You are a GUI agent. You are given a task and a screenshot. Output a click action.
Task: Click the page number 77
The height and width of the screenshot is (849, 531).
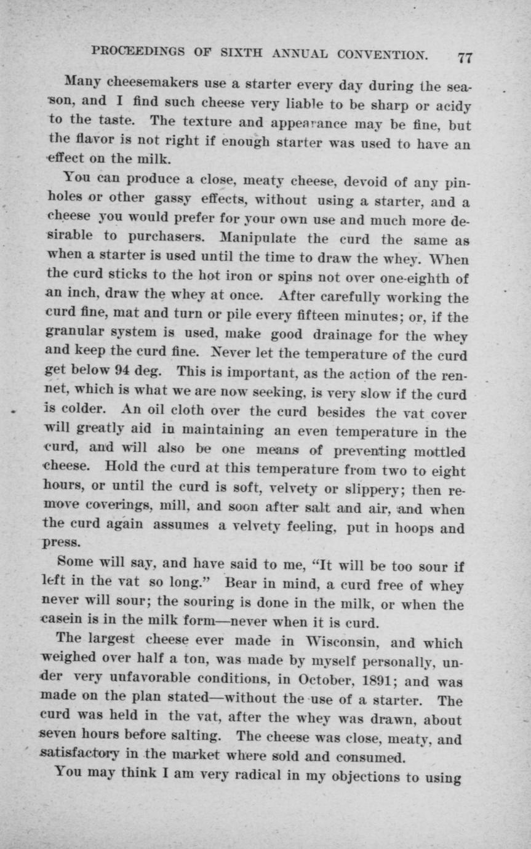[x=465, y=57]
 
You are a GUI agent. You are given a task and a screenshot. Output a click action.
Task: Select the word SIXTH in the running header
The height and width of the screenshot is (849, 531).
[x=237, y=53]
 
